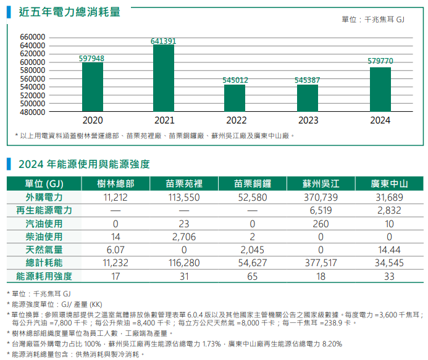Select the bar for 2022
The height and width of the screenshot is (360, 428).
point(235,98)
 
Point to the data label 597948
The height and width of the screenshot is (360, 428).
point(91,58)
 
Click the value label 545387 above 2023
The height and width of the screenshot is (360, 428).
point(307,80)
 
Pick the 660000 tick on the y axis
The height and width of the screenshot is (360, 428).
point(33,38)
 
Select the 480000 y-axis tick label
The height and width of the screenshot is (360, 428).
point(33,112)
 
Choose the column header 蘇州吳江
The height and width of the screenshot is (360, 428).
point(321,184)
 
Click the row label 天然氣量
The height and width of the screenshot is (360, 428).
point(44,249)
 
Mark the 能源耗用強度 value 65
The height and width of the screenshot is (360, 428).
point(252,276)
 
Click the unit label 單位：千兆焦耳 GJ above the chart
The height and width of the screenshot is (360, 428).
point(372,20)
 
